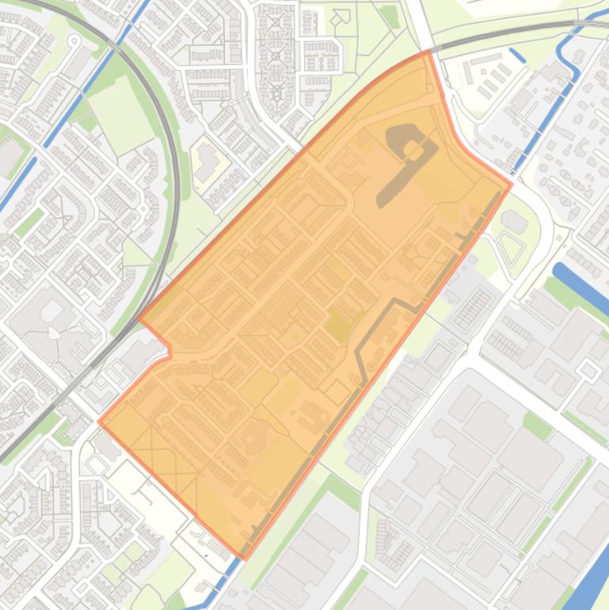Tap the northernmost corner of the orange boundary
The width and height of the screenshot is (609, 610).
pos(428,51)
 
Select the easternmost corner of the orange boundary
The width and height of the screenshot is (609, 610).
pos(511,185)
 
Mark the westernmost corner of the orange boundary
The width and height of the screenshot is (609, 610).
pos(99,421)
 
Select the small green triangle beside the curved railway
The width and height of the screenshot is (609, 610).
pos(138,254)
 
